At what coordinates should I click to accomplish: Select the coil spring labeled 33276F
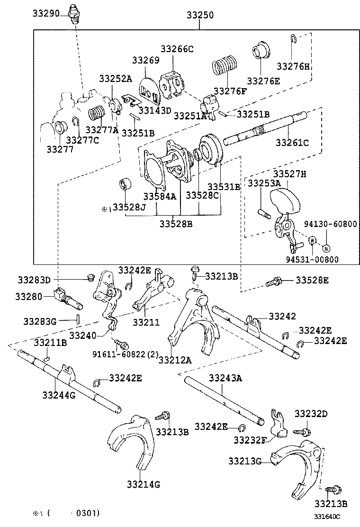pos(225,65)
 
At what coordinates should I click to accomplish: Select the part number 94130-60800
pos(331,224)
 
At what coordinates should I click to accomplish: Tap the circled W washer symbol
pos(312,241)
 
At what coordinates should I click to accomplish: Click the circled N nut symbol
pos(326,247)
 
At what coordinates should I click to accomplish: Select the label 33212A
pos(175,360)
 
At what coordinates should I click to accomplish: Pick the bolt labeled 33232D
pos(304,431)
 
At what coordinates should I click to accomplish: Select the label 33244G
pos(59,395)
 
